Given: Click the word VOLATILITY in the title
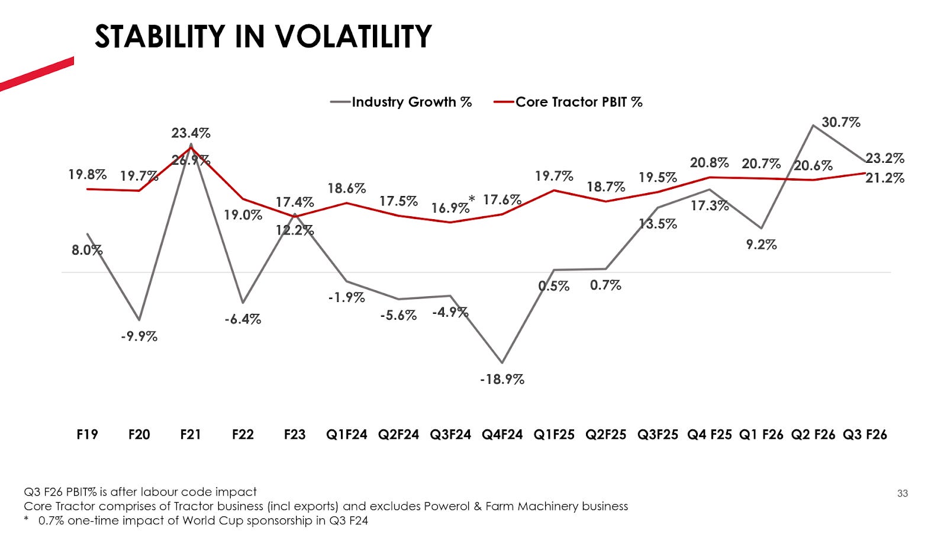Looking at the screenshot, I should click(353, 37).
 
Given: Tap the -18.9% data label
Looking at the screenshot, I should click(502, 379).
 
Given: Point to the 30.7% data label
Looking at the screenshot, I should click(840, 123).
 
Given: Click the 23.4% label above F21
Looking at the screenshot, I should click(191, 133).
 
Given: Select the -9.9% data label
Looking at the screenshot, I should click(139, 336).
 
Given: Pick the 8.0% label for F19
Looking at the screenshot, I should click(86, 250).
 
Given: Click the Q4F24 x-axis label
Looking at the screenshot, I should click(502, 435).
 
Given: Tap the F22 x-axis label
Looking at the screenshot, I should click(243, 435).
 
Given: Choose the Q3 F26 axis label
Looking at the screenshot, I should click(865, 435).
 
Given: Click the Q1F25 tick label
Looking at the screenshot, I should click(554, 435).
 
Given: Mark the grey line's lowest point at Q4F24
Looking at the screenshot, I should click(502, 362).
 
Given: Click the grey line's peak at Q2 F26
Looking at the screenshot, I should click(813, 125).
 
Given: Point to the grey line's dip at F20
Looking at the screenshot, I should click(139, 320).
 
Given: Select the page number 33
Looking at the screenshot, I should click(902, 493).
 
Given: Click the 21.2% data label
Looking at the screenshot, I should click(884, 178).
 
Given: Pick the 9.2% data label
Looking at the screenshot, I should click(761, 245).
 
